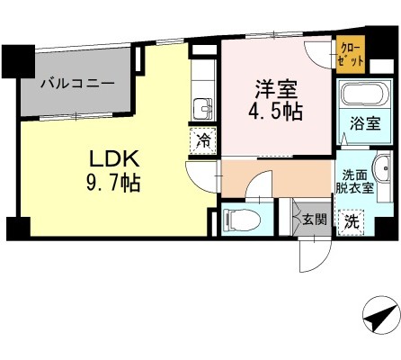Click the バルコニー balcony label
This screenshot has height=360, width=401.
click(x=76, y=83)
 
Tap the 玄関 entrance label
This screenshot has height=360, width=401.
click(x=314, y=219)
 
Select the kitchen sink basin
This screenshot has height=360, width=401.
click(x=203, y=109)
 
